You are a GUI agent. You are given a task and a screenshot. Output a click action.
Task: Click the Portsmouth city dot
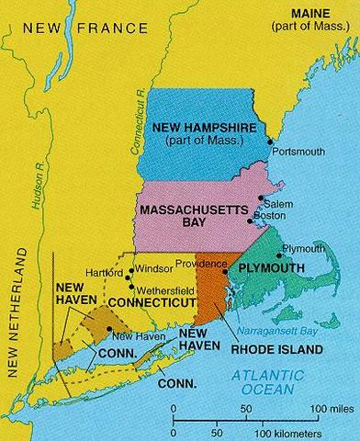tap(270, 141)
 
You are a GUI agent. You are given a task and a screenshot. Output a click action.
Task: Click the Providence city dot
tap(225, 272)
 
